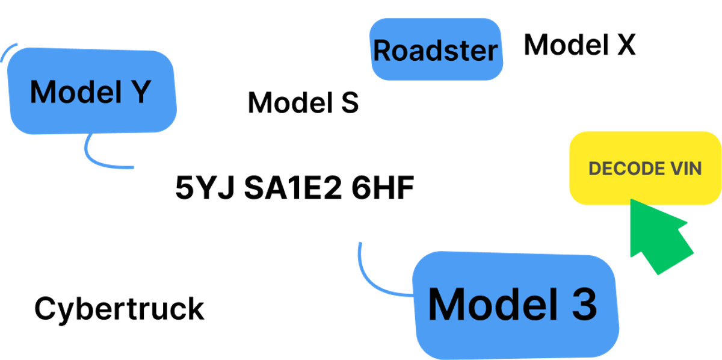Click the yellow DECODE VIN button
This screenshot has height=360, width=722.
tap(645, 168)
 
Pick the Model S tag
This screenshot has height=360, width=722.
tap(303, 102)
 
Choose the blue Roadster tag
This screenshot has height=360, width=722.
tap(436, 51)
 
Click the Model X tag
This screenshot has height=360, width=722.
tap(580, 45)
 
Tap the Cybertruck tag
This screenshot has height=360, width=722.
tap(119, 308)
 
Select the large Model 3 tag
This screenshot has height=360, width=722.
tap(513, 305)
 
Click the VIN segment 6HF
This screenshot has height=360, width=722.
tap(383, 188)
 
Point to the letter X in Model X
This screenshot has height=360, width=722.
tap(623, 45)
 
